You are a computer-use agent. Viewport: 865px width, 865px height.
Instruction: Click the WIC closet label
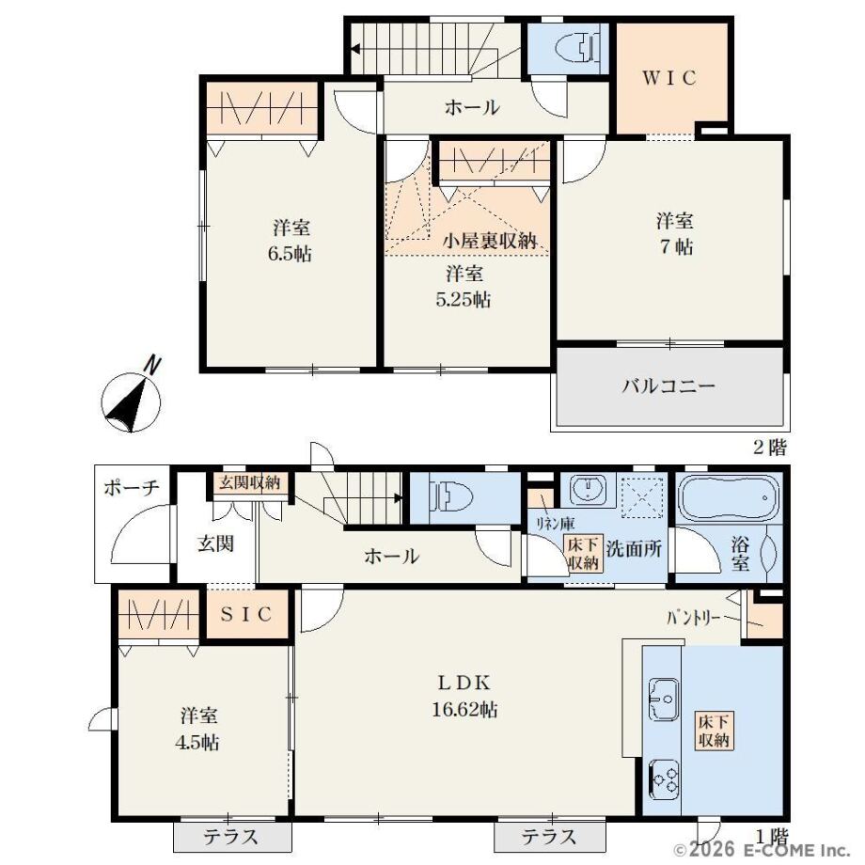[669, 78]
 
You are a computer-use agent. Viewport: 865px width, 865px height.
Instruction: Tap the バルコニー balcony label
[668, 385]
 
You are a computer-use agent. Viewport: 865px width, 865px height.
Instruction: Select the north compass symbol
[132, 396]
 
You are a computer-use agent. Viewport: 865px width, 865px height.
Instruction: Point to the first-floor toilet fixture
[453, 496]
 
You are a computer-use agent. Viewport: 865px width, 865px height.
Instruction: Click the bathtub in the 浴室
[728, 497]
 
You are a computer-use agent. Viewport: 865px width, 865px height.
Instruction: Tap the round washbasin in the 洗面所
[588, 488]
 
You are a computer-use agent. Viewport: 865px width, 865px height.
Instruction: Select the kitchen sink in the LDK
[664, 699]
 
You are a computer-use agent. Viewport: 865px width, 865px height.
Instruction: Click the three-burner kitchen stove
[664, 779]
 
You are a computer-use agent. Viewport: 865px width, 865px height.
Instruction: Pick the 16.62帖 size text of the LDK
[464, 709]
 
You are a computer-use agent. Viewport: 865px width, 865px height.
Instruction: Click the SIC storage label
[246, 614]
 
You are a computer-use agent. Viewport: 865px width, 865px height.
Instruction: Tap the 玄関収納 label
[250, 482]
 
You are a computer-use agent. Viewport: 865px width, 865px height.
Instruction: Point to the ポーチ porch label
[132, 488]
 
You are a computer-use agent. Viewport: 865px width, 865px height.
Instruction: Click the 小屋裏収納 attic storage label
[490, 241]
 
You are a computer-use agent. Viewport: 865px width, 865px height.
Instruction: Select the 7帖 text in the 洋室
[676, 246]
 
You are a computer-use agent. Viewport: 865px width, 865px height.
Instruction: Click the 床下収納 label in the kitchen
[714, 730]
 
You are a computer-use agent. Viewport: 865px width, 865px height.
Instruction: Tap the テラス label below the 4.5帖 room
[230, 837]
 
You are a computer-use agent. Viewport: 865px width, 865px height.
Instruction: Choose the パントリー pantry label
[693, 618]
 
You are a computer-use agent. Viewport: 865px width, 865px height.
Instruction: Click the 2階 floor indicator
[769, 448]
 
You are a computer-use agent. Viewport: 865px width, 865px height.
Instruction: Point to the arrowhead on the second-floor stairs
[355, 49]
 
